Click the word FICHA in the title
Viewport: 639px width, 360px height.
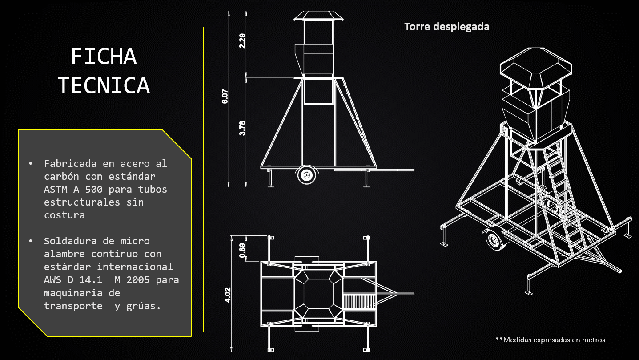(104, 56)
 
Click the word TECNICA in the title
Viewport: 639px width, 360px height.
(104, 85)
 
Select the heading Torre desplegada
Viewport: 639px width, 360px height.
(447, 27)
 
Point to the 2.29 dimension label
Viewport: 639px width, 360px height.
(242, 41)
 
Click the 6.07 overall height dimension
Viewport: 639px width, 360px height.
(225, 96)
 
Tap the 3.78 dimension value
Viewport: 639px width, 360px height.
(242, 128)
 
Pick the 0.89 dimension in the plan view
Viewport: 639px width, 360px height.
(242, 250)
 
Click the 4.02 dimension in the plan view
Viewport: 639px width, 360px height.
(228, 295)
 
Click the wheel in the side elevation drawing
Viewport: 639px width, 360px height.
(307, 175)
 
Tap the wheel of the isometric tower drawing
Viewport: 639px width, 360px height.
(494, 239)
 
